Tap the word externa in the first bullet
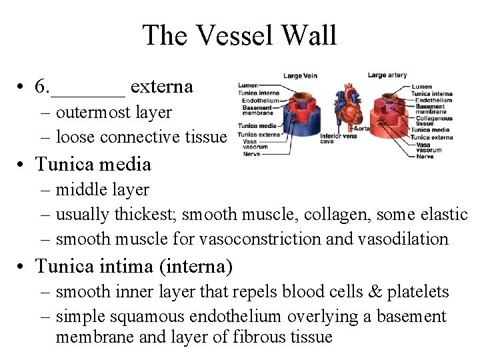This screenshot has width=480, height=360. coord(162,87)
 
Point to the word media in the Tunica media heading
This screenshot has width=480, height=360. coord(128,164)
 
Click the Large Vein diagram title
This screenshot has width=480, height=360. coord(300,76)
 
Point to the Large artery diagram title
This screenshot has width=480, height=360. coord(387,75)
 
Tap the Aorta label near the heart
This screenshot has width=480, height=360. coord(361,128)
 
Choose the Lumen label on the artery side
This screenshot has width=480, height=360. coord(421,87)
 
